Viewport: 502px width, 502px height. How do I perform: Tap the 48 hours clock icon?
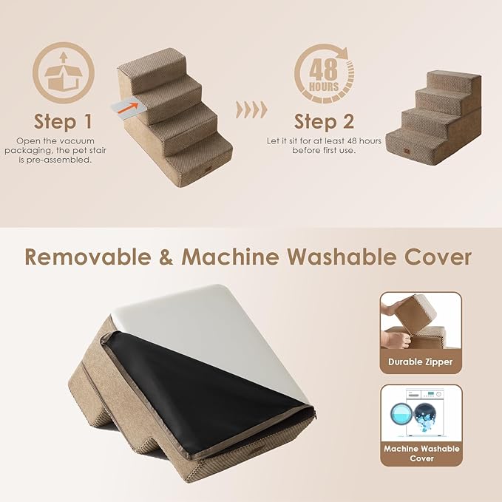pyautogui.click(x=324, y=74)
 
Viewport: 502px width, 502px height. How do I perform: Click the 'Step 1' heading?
pyautogui.click(x=64, y=121)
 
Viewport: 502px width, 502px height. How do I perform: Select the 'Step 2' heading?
pyautogui.click(x=324, y=121)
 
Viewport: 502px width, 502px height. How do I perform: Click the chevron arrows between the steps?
pyautogui.click(x=251, y=109)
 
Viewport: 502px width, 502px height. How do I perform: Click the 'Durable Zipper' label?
pyautogui.click(x=421, y=362)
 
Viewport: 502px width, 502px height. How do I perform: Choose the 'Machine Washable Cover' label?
pyautogui.click(x=421, y=454)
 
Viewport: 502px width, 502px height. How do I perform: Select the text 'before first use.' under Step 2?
pyautogui.click(x=324, y=150)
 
